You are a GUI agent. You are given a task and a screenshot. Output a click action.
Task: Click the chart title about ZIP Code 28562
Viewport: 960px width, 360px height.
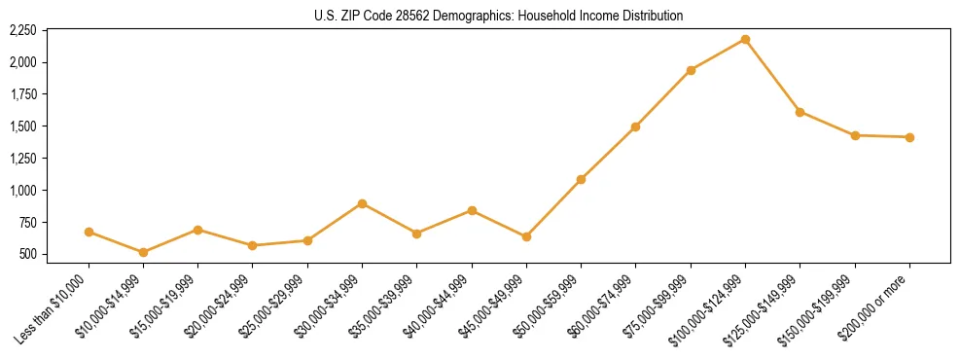[499, 16]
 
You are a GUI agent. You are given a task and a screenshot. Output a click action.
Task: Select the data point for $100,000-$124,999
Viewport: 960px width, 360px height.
[745, 39]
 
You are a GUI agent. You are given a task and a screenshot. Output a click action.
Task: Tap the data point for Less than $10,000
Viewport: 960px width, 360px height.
[89, 232]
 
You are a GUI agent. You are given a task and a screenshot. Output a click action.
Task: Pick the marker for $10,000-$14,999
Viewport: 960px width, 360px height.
[144, 252]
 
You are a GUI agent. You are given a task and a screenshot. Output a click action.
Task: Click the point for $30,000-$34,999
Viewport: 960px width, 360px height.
[362, 203]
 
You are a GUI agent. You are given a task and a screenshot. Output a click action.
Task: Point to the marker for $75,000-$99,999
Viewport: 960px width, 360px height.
[691, 70]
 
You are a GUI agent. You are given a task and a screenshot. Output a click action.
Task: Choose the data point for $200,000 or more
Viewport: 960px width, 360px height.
[909, 137]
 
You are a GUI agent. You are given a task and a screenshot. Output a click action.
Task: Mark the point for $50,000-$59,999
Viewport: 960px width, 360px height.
[581, 179]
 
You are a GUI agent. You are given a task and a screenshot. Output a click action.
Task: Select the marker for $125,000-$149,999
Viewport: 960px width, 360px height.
[800, 112]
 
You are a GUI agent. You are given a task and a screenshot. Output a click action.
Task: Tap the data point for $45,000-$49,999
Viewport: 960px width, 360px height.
[526, 236]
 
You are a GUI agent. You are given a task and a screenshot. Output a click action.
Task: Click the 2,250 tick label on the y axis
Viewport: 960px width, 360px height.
[22, 31]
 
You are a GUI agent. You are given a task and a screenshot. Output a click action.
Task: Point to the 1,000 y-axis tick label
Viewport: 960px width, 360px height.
[22, 191]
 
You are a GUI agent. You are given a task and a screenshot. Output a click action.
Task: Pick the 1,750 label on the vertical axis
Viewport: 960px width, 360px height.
[22, 95]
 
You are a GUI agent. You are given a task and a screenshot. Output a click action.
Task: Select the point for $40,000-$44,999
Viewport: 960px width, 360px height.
[472, 210]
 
